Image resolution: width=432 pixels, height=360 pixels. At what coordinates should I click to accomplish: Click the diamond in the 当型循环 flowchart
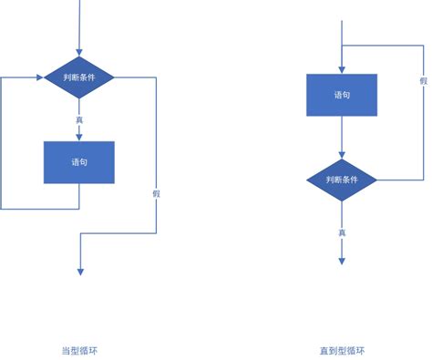pos(79,77)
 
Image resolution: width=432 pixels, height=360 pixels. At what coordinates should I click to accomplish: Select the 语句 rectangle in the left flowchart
pos(79,162)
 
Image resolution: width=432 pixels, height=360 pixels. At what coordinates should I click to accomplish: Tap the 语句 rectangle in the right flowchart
pos(341,96)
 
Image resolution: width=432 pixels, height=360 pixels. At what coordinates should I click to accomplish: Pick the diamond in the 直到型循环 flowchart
pos(341,180)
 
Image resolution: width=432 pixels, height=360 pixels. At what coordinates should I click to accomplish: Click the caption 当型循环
pos(79,351)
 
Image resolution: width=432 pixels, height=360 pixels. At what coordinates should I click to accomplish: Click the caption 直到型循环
pos(342,351)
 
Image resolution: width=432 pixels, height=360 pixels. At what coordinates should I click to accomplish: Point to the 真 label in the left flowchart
pos(79,118)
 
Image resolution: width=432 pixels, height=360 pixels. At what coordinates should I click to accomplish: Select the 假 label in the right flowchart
pos(423,81)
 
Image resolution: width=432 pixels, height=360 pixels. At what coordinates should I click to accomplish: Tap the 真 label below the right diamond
pos(342,231)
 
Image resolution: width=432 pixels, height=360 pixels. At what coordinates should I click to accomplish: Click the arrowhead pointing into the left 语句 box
pos(79,137)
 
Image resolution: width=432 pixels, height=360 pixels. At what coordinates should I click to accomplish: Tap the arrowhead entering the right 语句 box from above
pos(341,69)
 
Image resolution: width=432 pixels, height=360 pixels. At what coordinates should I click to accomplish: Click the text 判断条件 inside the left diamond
pos(79,77)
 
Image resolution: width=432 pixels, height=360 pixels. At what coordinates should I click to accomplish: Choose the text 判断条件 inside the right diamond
pos(341,180)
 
